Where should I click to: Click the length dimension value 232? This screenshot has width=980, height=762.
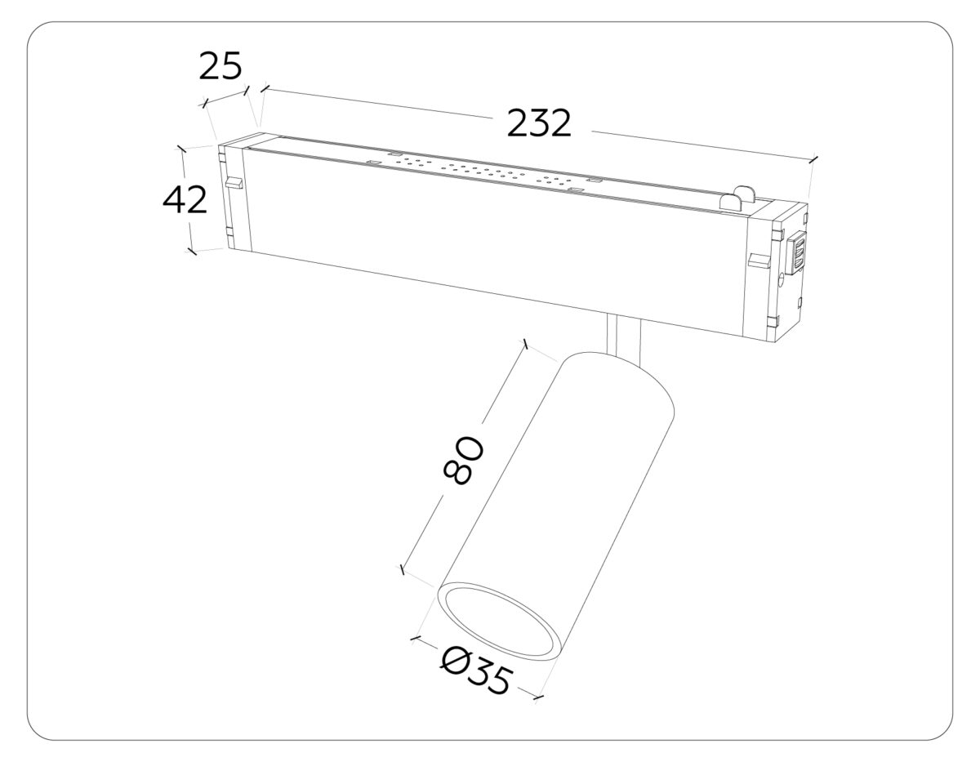538,123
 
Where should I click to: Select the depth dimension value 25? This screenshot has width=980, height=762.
220,67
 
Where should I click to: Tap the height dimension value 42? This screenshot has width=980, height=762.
185,200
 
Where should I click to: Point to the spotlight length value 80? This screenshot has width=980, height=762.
463,461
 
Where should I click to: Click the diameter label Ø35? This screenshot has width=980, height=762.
477,670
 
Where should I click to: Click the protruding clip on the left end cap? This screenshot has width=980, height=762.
234,183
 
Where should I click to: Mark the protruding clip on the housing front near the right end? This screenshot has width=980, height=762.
758,261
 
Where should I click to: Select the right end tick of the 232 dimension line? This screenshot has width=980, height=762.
813,159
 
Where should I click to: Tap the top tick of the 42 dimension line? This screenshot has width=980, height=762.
182,149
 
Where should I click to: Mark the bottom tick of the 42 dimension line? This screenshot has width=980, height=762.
192,251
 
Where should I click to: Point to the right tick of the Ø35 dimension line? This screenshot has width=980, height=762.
538,696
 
